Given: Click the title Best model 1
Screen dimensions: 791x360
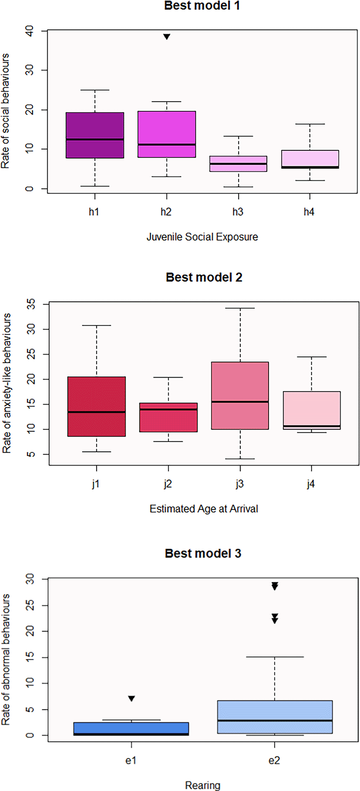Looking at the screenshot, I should tap(202, 6).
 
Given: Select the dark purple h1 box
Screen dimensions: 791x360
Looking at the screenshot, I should tap(95, 135).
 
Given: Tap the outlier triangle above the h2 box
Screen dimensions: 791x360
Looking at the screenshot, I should tap(167, 37).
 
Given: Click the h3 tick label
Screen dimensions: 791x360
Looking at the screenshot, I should tap(238, 212).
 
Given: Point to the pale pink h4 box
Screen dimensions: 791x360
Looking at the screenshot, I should tap(310, 159).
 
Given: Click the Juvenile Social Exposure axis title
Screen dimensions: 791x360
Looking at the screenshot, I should tap(202, 237).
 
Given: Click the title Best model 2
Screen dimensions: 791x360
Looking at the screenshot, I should tap(204, 277).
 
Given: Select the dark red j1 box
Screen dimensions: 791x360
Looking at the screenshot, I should tap(97, 406).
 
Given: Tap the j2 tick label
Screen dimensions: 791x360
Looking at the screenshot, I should tap(168, 484).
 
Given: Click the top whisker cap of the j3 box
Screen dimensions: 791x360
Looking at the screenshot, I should tap(240, 308).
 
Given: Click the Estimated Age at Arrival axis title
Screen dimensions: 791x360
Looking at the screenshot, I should tap(204, 509).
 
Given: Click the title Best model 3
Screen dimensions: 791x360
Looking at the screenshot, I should tap(203, 554).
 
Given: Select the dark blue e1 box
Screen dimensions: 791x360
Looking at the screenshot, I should tap(131, 729).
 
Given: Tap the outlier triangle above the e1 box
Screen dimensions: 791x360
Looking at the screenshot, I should tap(131, 699).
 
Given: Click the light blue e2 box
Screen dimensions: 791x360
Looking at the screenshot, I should tap(275, 717).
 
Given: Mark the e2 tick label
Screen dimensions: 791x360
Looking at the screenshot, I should tap(274, 761).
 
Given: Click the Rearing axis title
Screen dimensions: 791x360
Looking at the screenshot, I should tap(203, 785).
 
